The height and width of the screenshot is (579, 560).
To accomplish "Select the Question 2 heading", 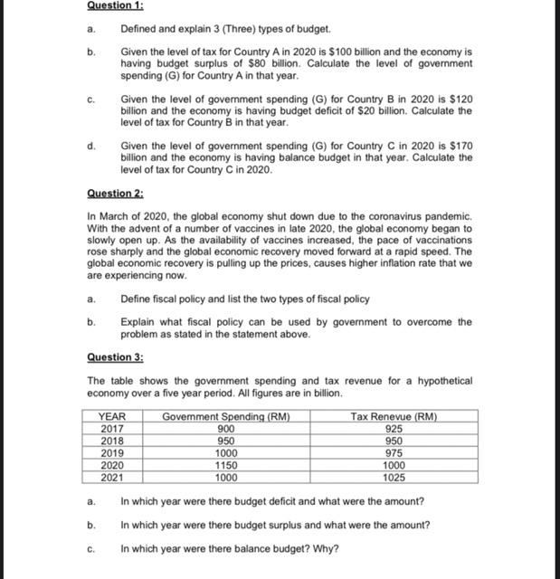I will point(116,193).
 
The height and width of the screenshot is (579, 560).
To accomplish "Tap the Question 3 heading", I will point(116,357).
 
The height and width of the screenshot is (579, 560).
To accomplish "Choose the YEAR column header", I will point(112,417).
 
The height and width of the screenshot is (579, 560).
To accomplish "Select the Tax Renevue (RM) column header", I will point(393,417).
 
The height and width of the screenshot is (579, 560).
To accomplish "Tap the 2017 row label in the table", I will point(112,429).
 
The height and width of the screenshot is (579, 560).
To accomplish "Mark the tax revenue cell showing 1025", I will point(394,477).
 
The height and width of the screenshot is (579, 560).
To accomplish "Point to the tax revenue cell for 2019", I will point(394,453).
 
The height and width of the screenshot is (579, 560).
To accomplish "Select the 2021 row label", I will point(112,477).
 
